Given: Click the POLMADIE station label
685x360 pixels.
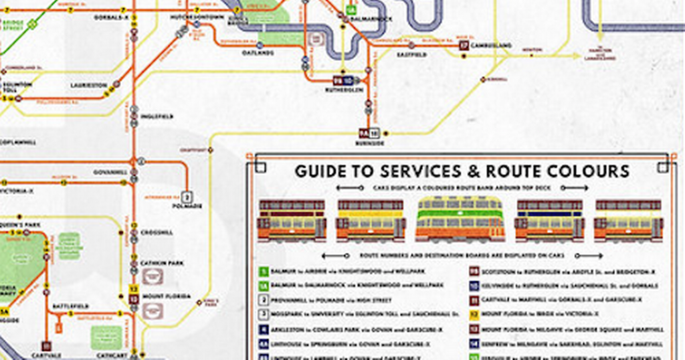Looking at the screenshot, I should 188,206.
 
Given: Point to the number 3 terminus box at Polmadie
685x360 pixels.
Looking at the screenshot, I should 188,197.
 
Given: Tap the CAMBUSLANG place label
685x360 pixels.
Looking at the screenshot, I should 491,46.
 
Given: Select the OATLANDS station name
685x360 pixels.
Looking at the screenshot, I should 258,53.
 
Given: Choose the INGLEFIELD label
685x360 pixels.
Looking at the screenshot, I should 157,116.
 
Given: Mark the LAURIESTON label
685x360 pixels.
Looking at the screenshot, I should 89,86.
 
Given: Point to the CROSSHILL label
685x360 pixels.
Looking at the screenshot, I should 157,232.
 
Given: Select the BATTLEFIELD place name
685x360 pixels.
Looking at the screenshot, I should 70,306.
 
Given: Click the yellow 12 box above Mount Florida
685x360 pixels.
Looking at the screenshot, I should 134,288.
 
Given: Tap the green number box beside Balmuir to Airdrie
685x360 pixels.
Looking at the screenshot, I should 264,272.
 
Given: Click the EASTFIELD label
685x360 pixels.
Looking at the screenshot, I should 412,55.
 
